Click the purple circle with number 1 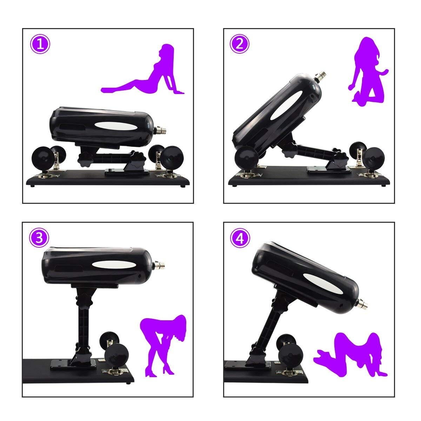[x=40, y=44]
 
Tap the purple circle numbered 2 [x=240, y=44]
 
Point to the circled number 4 [x=240, y=239]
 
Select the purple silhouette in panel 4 [x=351, y=354]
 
